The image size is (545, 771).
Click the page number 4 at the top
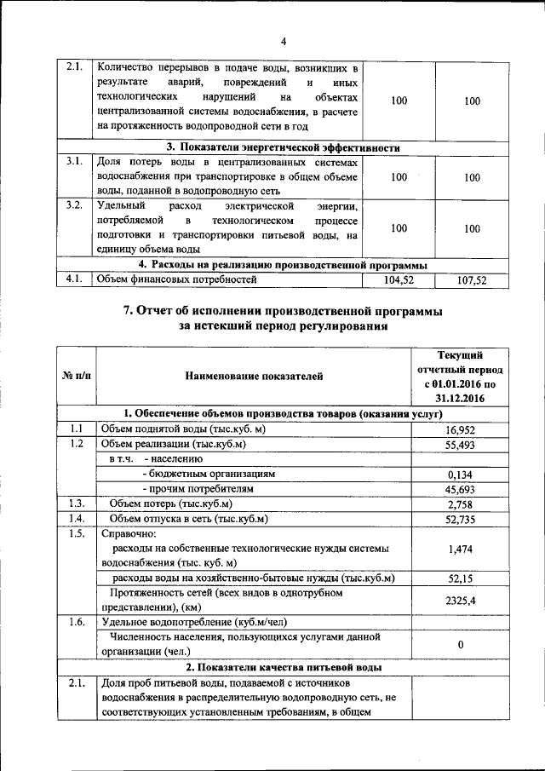pos(284,43)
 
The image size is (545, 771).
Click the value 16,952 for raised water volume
pos(460,431)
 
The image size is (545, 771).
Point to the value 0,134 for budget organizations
pos(460,475)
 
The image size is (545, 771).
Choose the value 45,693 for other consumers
pos(460,489)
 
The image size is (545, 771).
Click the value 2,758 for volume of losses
pos(460,504)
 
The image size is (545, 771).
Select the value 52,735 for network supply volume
pos(460,519)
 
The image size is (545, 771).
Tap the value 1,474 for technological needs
pos(460,549)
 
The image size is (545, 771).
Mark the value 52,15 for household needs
pos(460,578)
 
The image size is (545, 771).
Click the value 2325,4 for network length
pos(460,601)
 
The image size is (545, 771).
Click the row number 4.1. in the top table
pos(73,279)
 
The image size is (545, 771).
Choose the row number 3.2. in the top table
pos(73,206)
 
